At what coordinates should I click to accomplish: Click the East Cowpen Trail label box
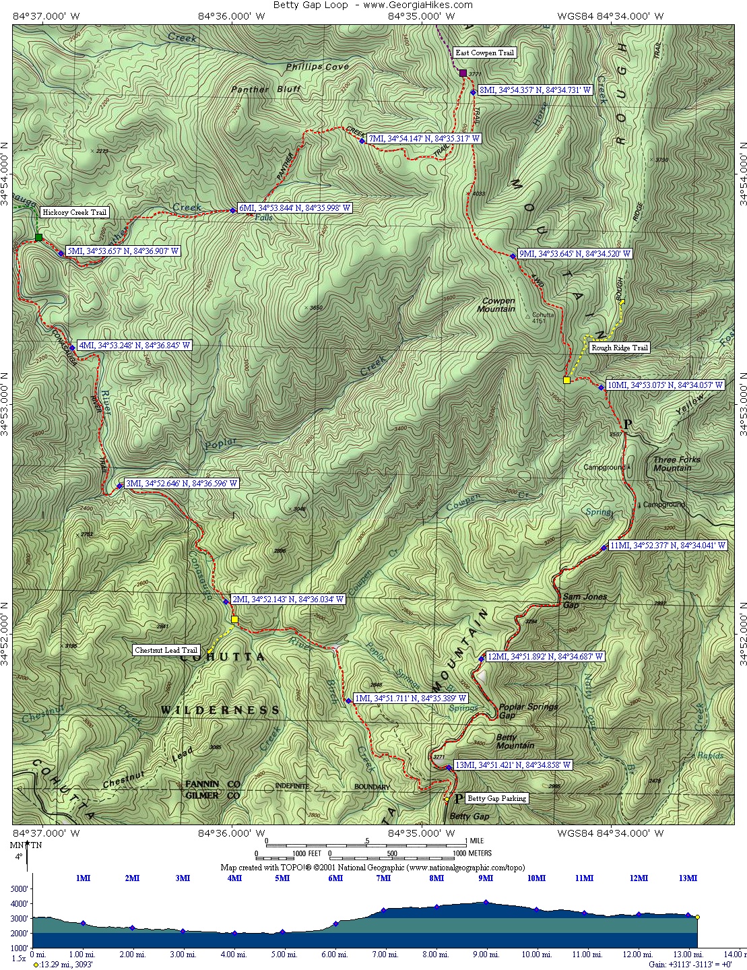[x=484, y=53]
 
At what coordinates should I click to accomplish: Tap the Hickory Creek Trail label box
[x=74, y=212]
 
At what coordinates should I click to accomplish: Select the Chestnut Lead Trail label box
[x=166, y=650]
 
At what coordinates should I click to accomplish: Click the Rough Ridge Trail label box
[x=619, y=348]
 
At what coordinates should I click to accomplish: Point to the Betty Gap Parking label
[x=496, y=798]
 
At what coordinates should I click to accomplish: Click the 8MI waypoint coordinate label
[x=535, y=90]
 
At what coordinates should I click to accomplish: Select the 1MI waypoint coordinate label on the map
[x=410, y=699]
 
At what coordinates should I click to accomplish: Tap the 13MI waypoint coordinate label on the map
[x=513, y=765]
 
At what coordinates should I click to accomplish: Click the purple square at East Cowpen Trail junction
[x=463, y=73]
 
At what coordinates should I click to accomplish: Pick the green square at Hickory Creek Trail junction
[x=39, y=237]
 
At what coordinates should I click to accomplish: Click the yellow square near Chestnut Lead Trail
[x=234, y=619]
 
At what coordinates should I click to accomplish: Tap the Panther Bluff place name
[x=265, y=89]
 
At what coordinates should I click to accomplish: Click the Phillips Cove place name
[x=317, y=67]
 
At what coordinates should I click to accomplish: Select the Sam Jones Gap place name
[x=584, y=600]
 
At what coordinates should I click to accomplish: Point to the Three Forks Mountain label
[x=676, y=463]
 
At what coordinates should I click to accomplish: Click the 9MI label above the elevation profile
[x=485, y=878]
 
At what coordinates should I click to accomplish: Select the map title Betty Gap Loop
[x=311, y=5]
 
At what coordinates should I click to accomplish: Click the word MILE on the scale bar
[x=477, y=841]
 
